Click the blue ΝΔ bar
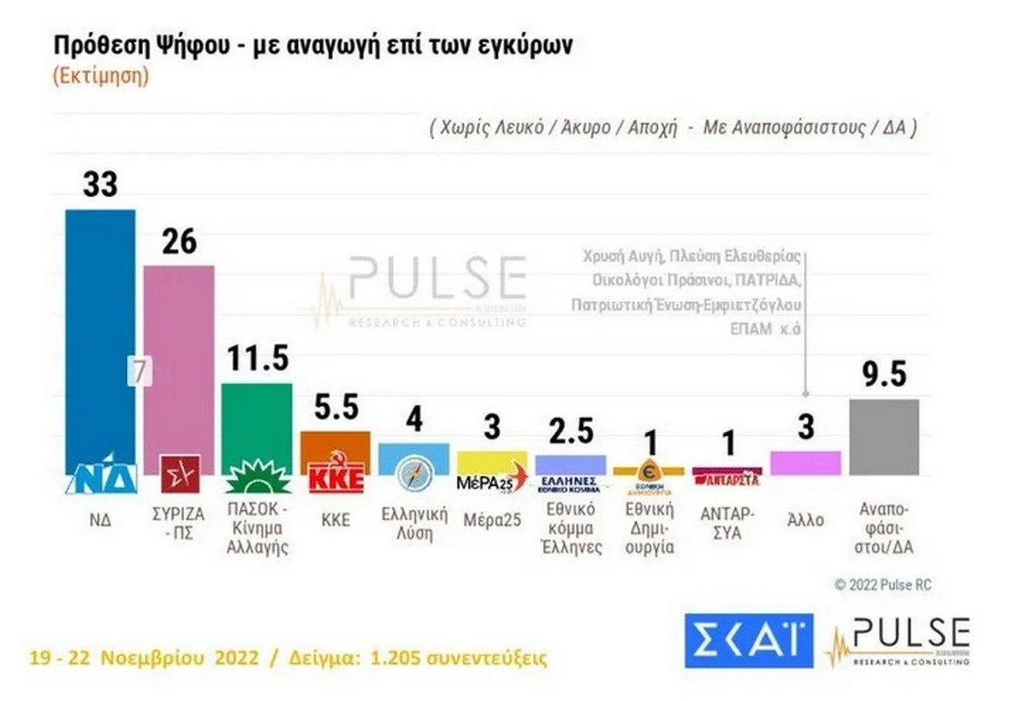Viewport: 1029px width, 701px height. pyautogui.click(x=101, y=333)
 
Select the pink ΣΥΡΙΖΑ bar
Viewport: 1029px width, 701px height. pyautogui.click(x=179, y=350)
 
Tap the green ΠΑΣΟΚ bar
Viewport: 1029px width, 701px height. pyautogui.click(x=256, y=421)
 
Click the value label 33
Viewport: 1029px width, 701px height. pyautogui.click(x=100, y=185)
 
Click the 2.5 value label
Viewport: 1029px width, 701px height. pyautogui.click(x=569, y=431)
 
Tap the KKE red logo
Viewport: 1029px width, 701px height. pyautogui.click(x=335, y=479)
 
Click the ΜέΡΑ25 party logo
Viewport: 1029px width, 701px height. pyautogui.click(x=492, y=479)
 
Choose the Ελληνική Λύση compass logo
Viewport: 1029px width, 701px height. pyautogui.click(x=413, y=474)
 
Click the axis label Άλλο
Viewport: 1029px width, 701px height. pyautogui.click(x=805, y=520)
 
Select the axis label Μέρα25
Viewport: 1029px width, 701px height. pyautogui.click(x=491, y=520)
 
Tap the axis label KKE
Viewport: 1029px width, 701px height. pyautogui.click(x=335, y=520)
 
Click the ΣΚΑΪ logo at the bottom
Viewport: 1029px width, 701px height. pyautogui.click(x=749, y=640)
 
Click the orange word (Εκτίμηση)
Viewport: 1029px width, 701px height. pyautogui.click(x=100, y=75)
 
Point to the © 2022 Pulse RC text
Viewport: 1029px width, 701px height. pyautogui.click(x=883, y=584)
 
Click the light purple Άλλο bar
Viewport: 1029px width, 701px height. pyautogui.click(x=805, y=462)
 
